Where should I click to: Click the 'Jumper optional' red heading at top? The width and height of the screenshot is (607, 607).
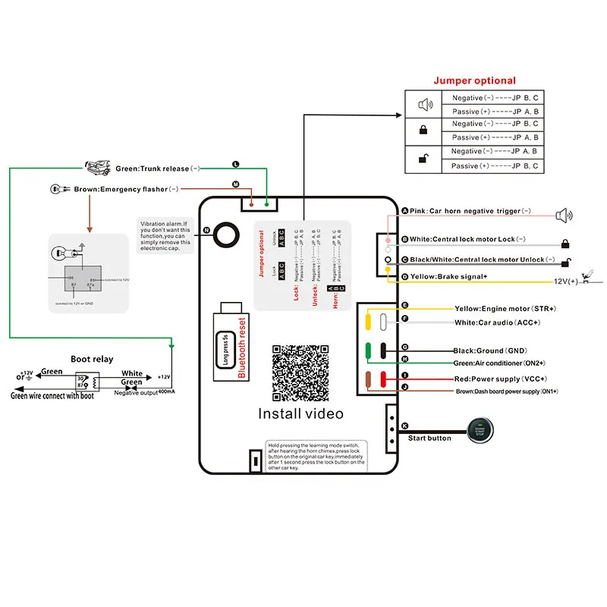[x=474, y=80]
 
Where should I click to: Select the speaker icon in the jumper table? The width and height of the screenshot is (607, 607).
[x=424, y=104]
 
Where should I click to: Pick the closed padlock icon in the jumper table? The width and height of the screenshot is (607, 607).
[x=424, y=131]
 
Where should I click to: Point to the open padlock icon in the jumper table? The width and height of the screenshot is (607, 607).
[x=424, y=159]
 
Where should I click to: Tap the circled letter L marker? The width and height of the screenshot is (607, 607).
[x=235, y=164]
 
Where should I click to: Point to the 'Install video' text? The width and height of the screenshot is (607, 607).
[x=301, y=414]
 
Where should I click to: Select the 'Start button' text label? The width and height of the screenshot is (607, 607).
[x=429, y=439]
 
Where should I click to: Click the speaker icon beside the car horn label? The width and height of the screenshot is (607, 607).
[x=564, y=215]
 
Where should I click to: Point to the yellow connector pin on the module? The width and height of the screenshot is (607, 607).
[x=368, y=321]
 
